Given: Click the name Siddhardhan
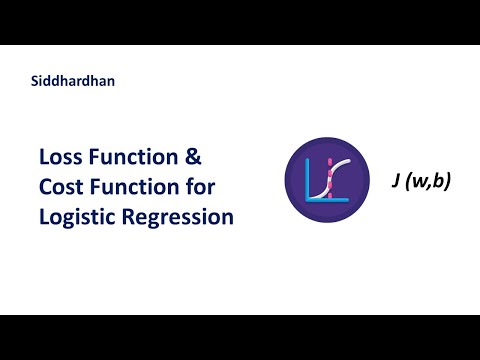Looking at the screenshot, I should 73,82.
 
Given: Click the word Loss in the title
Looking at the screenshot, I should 62,157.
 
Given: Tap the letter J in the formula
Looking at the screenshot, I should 396,183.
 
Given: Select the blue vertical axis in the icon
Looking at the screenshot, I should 305,180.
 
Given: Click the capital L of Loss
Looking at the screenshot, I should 44,157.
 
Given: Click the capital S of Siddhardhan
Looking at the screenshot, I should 35,82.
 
